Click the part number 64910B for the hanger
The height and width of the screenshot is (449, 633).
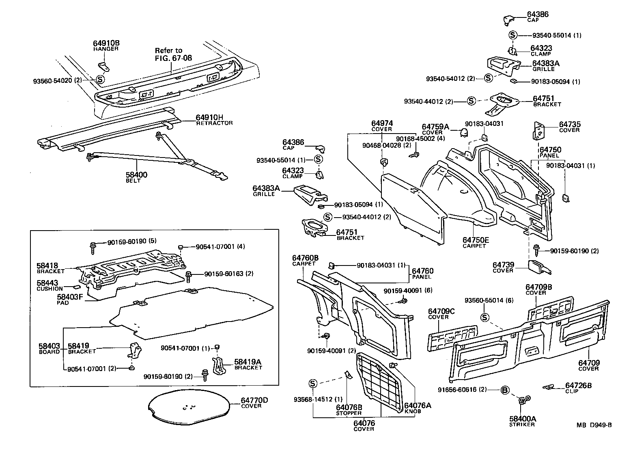(x=106, y=43)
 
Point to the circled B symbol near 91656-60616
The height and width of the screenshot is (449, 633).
(x=504, y=390)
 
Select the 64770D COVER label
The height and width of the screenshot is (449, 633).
(x=254, y=403)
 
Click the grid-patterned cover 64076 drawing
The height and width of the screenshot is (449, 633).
(x=380, y=377)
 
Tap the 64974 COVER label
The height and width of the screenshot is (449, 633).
(x=382, y=125)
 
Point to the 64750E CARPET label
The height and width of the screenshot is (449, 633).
(x=476, y=242)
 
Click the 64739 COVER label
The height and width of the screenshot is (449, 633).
(x=503, y=267)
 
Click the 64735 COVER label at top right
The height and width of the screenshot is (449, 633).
(x=570, y=127)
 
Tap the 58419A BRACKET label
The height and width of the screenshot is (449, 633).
(x=248, y=364)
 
